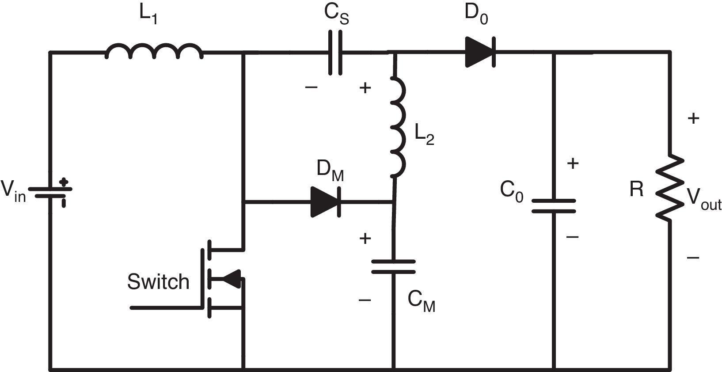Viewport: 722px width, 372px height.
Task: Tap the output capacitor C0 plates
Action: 553,206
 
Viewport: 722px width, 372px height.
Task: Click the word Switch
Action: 158,282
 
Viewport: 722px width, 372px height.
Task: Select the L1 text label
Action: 148,14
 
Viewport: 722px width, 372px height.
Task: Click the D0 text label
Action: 476,14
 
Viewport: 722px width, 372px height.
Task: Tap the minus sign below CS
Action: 311,87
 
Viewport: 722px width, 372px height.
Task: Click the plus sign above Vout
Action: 693,118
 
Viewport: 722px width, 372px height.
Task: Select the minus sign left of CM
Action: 365,300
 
